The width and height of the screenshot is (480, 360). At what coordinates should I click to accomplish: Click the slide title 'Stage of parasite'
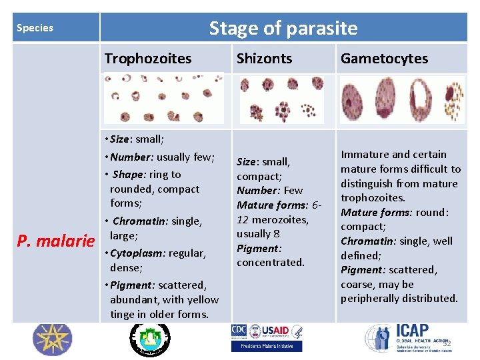(283, 28)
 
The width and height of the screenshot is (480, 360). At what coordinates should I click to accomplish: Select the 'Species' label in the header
(35, 28)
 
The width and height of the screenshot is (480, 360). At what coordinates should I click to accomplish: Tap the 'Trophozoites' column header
(147, 59)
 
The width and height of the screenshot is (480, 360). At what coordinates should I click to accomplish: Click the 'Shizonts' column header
(264, 59)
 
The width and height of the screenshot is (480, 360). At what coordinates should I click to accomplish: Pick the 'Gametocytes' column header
(384, 59)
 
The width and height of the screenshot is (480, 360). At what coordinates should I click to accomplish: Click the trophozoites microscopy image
(163, 97)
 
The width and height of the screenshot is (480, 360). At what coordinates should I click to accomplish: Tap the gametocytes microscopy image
(401, 99)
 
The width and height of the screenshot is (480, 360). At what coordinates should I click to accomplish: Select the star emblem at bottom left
(51, 339)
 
